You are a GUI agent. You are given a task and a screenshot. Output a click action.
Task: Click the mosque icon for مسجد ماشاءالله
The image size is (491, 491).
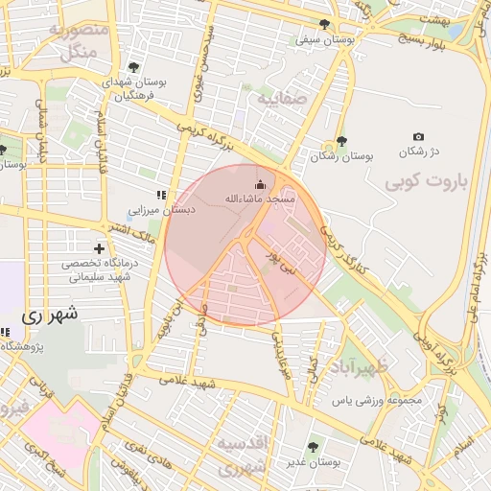point(260,184)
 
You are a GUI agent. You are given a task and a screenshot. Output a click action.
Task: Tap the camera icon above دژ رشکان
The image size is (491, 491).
point(417,137)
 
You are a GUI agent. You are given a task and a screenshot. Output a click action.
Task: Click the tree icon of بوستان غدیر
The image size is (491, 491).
point(312,446)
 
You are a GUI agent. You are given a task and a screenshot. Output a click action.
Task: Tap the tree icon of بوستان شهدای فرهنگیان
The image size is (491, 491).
point(132,67)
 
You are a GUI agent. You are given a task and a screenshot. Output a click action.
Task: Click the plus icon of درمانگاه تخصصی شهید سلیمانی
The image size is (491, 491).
point(99,248)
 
